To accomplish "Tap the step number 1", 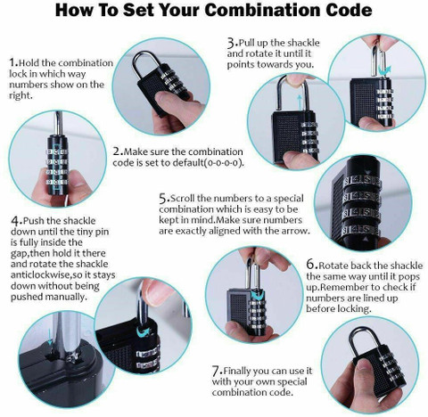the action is (x=12, y=62).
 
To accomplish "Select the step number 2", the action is (x=117, y=151).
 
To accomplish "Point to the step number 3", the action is (x=231, y=44).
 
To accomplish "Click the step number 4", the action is (x=15, y=221).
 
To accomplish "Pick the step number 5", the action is (x=163, y=199).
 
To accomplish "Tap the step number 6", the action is (x=310, y=265).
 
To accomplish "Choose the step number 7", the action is (x=216, y=371).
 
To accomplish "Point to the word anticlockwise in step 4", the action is (x=39, y=275).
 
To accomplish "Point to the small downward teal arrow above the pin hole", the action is (x=50, y=338).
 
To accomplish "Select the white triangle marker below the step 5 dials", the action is (x=366, y=239).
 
